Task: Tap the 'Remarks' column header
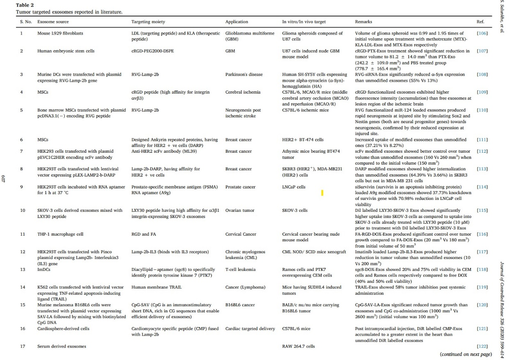click(x=364, y=21)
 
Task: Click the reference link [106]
click(x=482, y=33)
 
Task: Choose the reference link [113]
click(x=482, y=169)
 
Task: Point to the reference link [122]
click(x=482, y=346)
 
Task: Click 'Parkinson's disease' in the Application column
click(x=244, y=75)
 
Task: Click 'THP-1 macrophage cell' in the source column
click(x=60, y=234)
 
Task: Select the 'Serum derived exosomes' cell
click(x=62, y=346)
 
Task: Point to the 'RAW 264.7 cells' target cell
click(x=298, y=346)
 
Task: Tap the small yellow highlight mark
click(x=322, y=193)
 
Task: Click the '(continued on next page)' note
click(x=466, y=354)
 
